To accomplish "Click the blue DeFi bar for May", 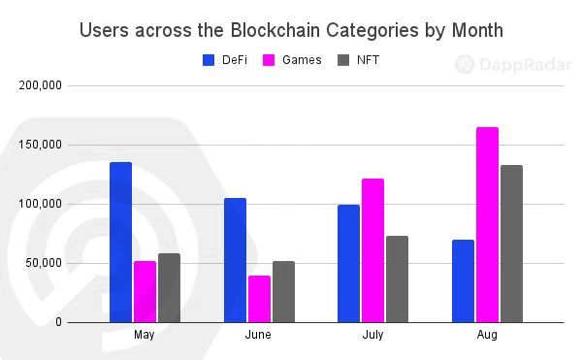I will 120,242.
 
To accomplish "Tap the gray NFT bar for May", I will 169,287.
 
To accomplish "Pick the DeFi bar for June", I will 235,260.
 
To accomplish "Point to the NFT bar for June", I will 283,291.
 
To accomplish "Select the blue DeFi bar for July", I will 349,263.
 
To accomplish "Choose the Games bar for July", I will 373,250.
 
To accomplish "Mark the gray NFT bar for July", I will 398,278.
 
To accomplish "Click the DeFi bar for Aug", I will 464,280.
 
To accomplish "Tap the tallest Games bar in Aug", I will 487,224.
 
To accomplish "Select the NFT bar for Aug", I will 511,244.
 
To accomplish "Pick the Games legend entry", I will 292,60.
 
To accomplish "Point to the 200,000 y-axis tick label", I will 42,85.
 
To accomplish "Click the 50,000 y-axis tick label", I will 45,263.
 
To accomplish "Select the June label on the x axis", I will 259,335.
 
